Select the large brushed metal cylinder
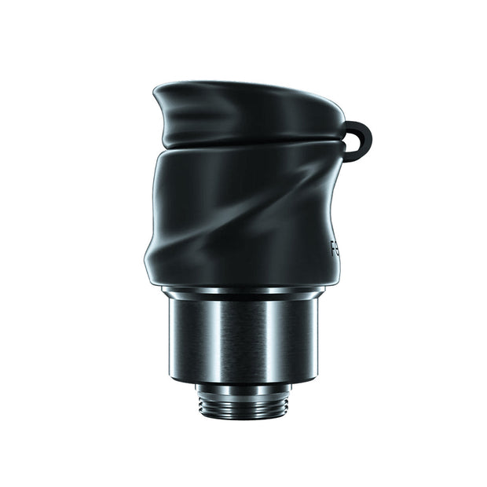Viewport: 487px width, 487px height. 243,338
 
